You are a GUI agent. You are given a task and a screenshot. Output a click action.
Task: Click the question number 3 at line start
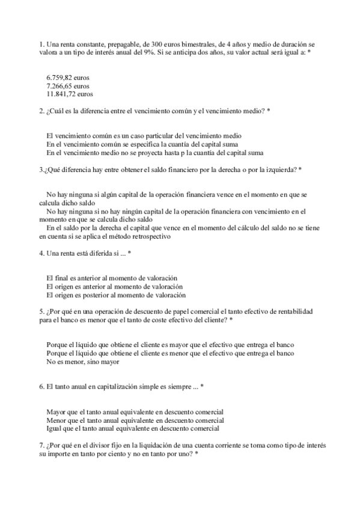point(40,170)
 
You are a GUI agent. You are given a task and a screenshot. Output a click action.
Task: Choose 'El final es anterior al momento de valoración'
point(111,278)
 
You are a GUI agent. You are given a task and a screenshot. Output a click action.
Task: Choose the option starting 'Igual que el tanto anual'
point(132,428)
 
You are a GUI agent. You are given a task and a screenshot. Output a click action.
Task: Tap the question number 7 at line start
point(40,445)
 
